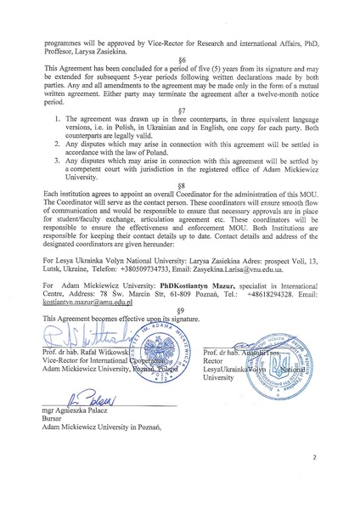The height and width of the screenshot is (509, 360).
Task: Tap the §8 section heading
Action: click(x=180, y=209)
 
